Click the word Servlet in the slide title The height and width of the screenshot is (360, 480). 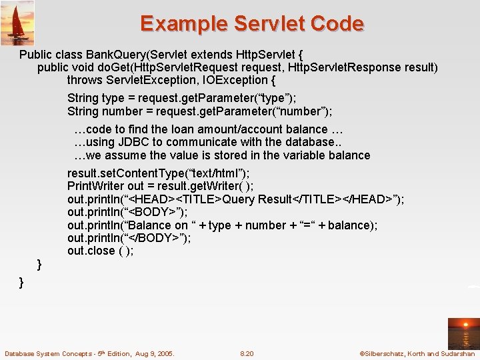point(268,24)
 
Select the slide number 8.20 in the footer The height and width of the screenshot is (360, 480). point(247,353)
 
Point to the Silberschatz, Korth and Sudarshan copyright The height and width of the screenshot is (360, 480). point(417,353)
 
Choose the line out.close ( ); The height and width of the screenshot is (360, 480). point(100,251)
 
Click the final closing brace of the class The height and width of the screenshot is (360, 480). point(21,282)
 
